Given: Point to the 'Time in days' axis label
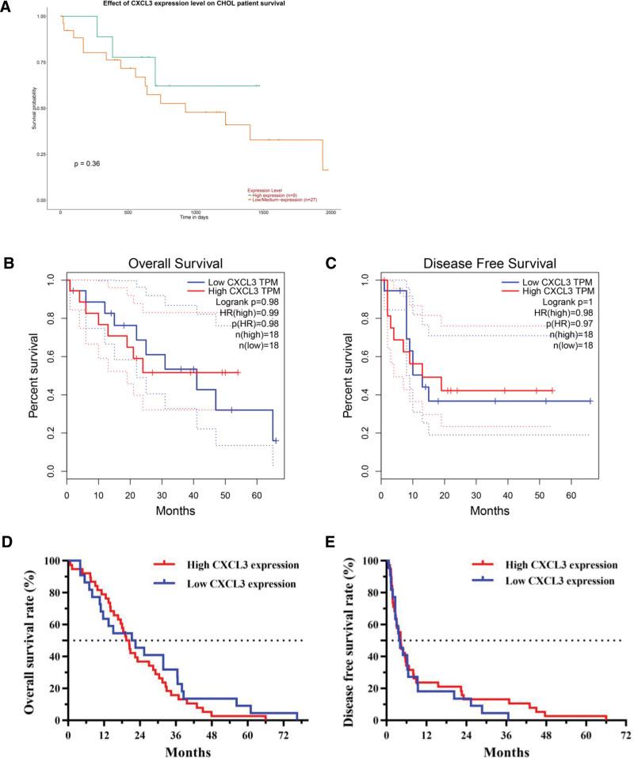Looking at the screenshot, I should (195, 216).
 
